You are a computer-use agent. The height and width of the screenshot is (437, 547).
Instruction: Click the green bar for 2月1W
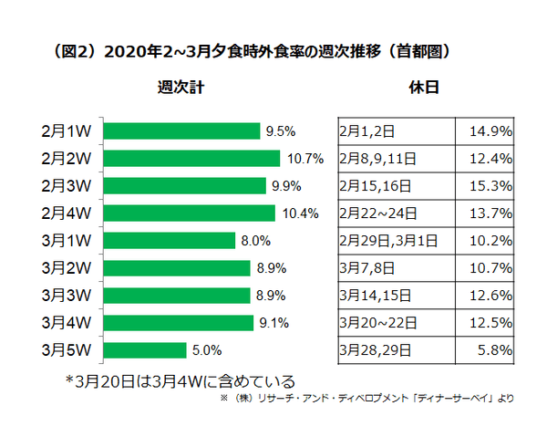pyautogui.click(x=181, y=131)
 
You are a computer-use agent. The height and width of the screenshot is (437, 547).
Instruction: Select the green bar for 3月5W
pyautogui.click(x=145, y=349)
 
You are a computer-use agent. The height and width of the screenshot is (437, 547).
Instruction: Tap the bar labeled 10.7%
pyautogui.click(x=191, y=159)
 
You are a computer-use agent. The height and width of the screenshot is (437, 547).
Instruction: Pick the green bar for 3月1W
pyautogui.click(x=170, y=241)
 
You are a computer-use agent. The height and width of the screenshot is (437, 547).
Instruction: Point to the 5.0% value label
pyautogui.click(x=208, y=349)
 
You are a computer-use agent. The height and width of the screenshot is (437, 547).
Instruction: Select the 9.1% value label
pyautogui.click(x=275, y=322)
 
